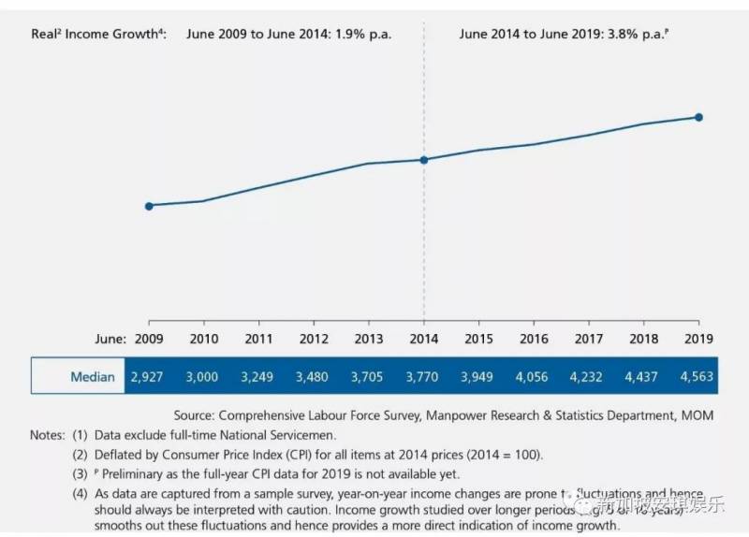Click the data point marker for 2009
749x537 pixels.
[x=149, y=205]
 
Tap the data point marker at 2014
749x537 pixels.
[x=424, y=160]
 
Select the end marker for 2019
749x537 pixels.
[x=698, y=117]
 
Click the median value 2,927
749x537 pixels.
[x=148, y=377]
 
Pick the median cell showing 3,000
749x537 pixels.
[x=202, y=377]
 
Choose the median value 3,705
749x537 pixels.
[x=368, y=377]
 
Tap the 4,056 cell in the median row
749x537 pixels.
[x=533, y=377]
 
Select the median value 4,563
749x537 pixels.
[x=698, y=377]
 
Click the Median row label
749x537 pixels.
[x=93, y=377]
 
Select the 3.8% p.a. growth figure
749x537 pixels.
[x=636, y=35]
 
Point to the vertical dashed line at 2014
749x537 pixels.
[x=424, y=243]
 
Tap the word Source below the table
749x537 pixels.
[x=194, y=414]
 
